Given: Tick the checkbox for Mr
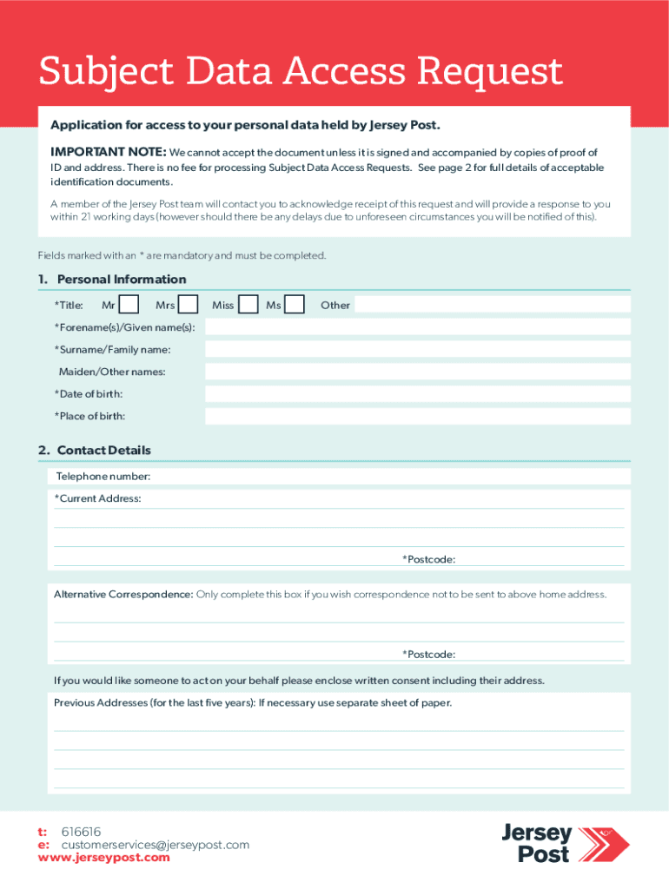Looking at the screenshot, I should pos(129,305).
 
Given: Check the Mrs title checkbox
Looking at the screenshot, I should pos(189,305).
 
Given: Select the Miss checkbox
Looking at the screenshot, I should pos(248,305).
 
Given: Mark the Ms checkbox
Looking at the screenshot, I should pos(295,305).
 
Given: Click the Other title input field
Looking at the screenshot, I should pos(492,305).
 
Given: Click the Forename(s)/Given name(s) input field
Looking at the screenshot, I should pos(417,327).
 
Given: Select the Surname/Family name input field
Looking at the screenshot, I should pos(417,349).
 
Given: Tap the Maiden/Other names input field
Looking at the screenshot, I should pos(417,372).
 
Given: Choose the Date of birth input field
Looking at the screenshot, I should pos(417,394).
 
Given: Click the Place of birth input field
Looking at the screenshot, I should pos(417,417).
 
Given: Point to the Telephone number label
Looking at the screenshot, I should pos(103,477).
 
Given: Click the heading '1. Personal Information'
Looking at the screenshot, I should pos(112,280).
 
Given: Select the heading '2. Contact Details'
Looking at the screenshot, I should pos(94,451).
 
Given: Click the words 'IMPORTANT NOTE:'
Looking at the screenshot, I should pos(108,152).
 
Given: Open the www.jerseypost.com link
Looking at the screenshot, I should pos(104,858).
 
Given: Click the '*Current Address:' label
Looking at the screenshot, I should pos(98,498).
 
